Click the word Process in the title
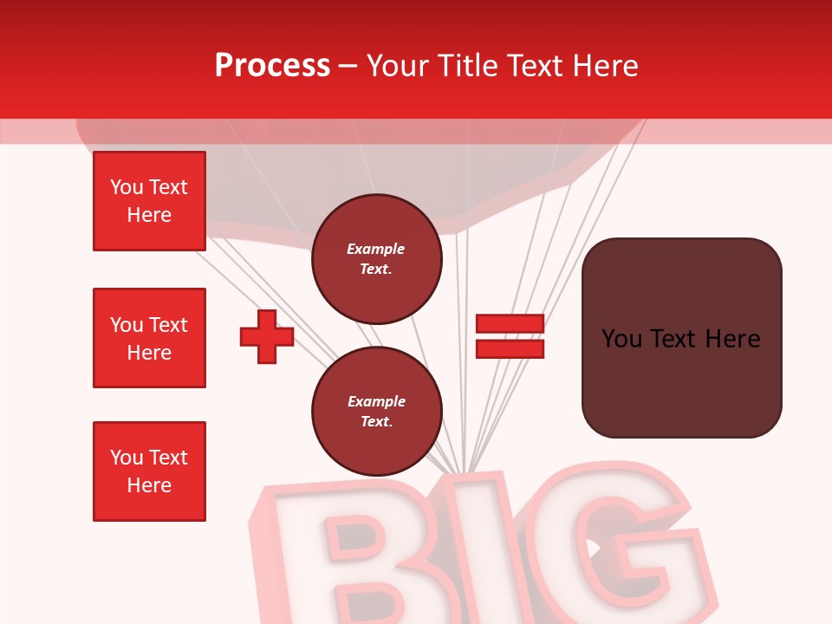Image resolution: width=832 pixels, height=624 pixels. click(x=272, y=66)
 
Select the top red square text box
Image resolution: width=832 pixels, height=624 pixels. click(x=149, y=201)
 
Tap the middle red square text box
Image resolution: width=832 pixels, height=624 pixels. click(x=149, y=338)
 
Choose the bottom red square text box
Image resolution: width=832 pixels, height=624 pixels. click(x=149, y=471)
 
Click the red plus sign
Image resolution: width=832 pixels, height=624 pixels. click(x=267, y=336)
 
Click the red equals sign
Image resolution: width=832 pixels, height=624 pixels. click(x=510, y=336)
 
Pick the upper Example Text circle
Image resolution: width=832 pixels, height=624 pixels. click(x=376, y=258)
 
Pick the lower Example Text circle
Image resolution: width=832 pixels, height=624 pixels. click(x=376, y=411)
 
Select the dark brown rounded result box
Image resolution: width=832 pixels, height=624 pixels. click(x=681, y=338)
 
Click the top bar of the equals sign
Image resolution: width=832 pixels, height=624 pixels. click(x=510, y=324)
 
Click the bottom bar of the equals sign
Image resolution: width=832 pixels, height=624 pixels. click(x=510, y=348)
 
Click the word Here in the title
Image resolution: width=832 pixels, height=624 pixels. click(x=605, y=66)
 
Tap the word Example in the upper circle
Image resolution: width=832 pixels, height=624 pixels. click(x=376, y=249)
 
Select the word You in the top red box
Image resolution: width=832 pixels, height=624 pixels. click(x=127, y=187)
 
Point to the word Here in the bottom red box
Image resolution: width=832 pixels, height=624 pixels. click(x=149, y=485)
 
